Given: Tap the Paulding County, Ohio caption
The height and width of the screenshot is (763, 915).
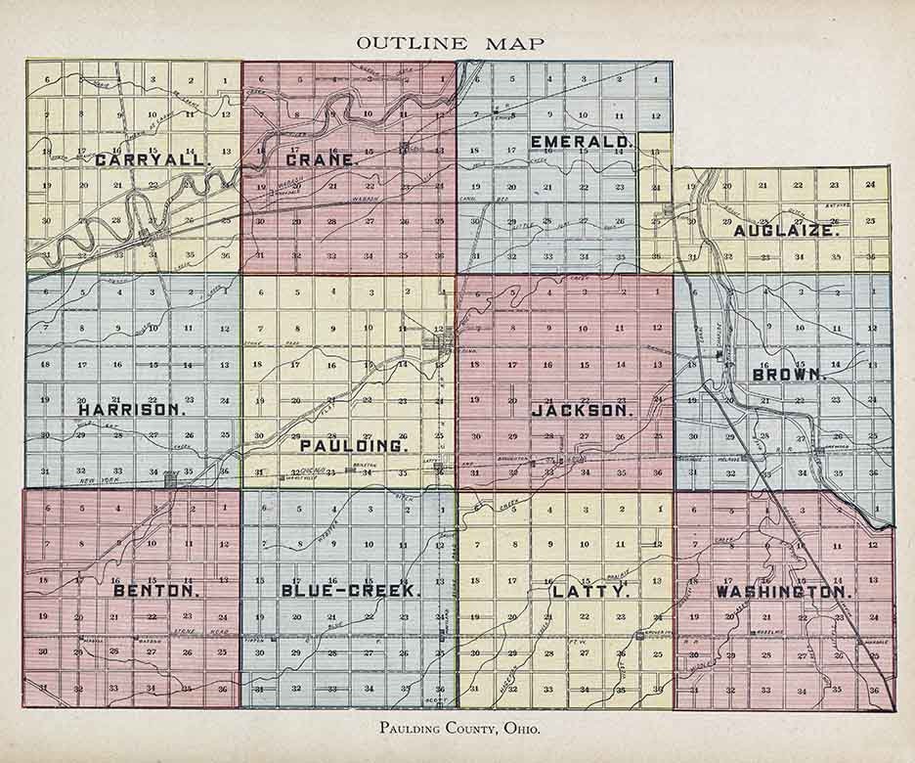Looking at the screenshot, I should (457, 729).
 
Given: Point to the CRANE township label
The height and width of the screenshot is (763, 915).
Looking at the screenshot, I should (319, 159).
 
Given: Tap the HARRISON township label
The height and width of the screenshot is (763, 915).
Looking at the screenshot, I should (132, 410).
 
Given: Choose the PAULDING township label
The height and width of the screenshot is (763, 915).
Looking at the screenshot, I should (339, 445).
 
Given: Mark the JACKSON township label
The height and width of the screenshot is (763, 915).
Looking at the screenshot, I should (582, 411).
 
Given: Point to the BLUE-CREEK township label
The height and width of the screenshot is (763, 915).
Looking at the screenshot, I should (350, 591).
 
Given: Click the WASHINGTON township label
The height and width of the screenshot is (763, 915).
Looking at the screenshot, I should (784, 592).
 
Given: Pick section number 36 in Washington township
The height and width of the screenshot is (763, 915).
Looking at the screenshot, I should (873, 691).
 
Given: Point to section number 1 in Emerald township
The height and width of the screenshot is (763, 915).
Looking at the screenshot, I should (656, 78).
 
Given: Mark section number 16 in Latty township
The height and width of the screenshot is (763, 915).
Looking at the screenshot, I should (547, 581).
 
